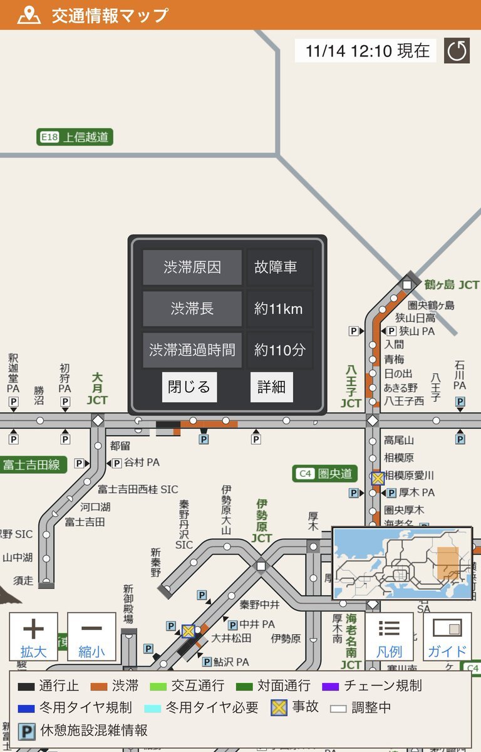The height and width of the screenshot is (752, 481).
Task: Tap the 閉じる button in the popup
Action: [x=189, y=387]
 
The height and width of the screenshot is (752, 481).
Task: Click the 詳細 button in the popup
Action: [x=271, y=387]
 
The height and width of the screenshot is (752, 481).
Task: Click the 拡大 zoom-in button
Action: [x=33, y=636]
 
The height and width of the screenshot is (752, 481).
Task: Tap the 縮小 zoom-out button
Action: [x=91, y=636]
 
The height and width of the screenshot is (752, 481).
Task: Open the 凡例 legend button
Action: [x=389, y=636]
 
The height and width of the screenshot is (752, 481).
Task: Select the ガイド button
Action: [x=447, y=636]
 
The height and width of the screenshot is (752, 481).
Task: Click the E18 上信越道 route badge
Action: [x=75, y=137]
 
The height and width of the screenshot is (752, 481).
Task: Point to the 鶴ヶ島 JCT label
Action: [x=451, y=285]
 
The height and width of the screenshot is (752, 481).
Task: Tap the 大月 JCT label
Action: [x=97, y=389]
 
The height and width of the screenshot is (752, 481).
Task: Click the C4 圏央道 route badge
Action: [x=325, y=474]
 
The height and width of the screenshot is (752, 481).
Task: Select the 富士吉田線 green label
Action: [x=33, y=464]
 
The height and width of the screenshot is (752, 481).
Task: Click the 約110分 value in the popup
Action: [x=279, y=350]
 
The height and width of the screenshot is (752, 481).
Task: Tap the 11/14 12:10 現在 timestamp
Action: [x=366, y=51]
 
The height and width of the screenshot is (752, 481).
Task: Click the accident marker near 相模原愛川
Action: [x=377, y=478]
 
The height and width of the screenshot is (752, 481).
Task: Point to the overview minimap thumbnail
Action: [x=402, y=563]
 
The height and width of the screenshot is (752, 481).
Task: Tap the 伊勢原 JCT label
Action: [x=262, y=521]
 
